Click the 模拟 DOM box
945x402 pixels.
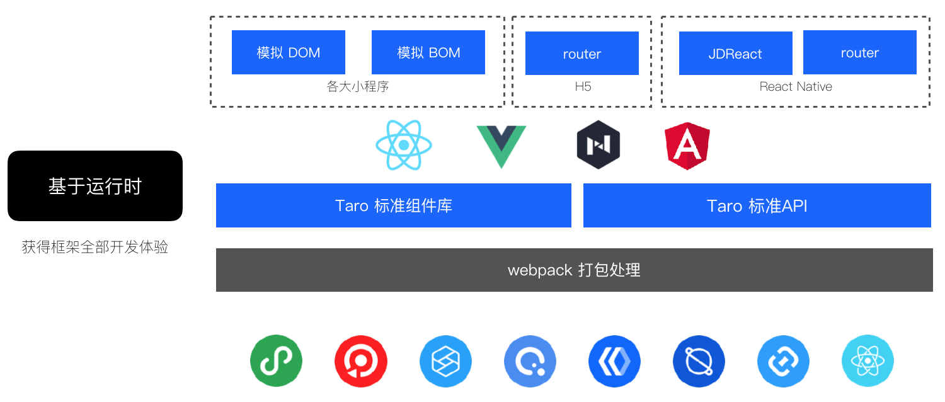tap(289, 53)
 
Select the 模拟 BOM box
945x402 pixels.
tap(428, 53)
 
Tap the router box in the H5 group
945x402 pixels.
tap(581, 54)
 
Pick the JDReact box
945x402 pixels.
tap(735, 54)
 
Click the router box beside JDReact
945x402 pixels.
tap(859, 53)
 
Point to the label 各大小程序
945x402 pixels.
tap(358, 86)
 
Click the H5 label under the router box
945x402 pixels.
tap(583, 86)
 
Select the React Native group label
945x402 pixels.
tap(796, 86)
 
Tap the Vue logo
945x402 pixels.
tap(501, 146)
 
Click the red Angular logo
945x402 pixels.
tap(687, 146)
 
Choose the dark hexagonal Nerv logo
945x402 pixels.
tap(598, 145)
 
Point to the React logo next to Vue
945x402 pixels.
tap(403, 145)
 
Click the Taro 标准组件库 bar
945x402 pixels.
tap(393, 205)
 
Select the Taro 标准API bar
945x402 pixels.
tap(757, 205)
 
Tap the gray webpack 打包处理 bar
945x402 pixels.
tap(574, 270)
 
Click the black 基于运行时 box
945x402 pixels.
tap(95, 186)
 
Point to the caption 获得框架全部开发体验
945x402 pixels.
tap(95, 247)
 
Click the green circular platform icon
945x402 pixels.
tap(276, 361)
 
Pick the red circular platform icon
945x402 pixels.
tap(360, 361)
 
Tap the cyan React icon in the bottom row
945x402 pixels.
tap(868, 361)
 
